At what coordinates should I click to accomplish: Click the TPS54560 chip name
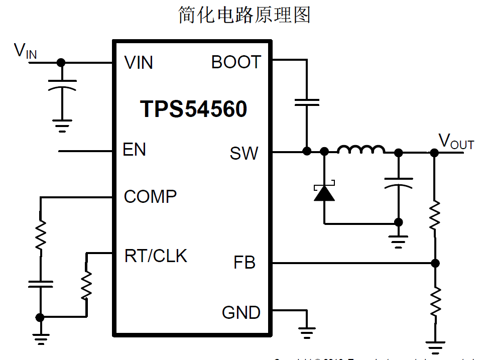click(x=194, y=109)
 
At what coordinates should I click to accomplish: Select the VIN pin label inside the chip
click(x=139, y=63)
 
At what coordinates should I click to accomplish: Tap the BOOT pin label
click(x=236, y=62)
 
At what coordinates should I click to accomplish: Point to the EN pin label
click(x=134, y=150)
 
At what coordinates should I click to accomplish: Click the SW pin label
click(x=244, y=153)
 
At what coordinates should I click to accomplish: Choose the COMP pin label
click(x=150, y=196)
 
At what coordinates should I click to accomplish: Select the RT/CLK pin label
click(x=156, y=256)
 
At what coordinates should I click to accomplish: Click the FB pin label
click(x=245, y=263)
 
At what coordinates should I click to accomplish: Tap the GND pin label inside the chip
click(x=241, y=313)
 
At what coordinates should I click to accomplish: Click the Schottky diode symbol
click(x=324, y=193)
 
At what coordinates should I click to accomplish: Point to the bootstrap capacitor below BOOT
click(x=306, y=102)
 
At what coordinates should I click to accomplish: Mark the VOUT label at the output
click(x=456, y=142)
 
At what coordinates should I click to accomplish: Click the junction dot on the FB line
click(x=435, y=263)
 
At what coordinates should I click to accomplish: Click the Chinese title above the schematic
click(x=245, y=16)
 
